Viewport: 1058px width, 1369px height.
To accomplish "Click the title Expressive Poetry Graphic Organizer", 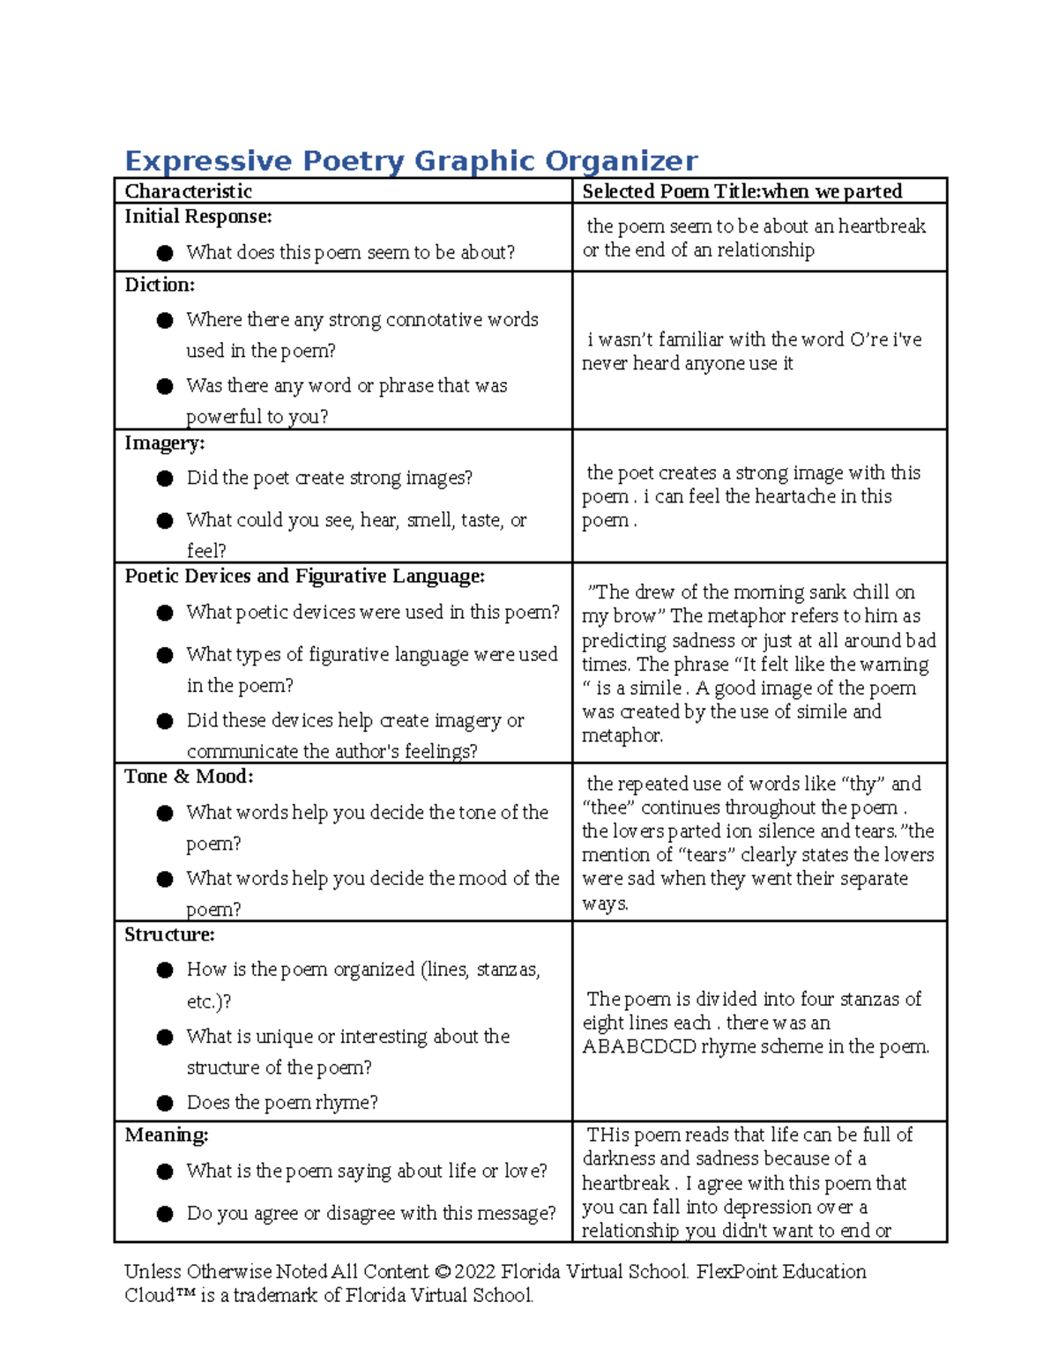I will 411,160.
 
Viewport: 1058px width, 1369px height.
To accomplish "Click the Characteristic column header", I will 188,191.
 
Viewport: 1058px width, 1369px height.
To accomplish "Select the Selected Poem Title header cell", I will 741,191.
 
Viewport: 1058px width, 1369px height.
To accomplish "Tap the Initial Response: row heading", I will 197,217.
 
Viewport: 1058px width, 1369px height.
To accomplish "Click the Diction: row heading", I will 160,285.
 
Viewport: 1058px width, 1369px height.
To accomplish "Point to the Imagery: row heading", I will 164,443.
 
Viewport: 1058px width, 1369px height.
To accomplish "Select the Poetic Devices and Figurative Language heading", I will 304,577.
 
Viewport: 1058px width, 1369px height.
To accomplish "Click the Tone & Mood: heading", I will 189,777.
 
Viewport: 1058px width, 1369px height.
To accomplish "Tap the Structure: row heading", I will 169,934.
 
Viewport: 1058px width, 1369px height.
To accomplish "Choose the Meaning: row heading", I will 166,1135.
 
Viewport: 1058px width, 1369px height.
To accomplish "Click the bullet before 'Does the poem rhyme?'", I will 165,1103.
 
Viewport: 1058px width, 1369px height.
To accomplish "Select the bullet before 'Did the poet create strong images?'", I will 165,479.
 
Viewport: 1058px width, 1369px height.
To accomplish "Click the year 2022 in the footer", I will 475,1272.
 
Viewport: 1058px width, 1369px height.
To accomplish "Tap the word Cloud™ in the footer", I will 160,1296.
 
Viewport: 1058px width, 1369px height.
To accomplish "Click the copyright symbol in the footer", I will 442,1272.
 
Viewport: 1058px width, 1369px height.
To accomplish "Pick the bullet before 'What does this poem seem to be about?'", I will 165,253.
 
